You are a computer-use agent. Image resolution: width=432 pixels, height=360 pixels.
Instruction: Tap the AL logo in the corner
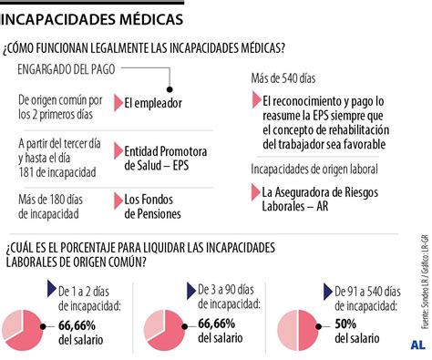click(x=417, y=345)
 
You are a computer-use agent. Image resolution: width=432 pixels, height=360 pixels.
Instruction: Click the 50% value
click(x=345, y=324)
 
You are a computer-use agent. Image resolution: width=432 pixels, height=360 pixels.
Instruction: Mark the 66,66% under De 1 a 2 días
click(x=81, y=324)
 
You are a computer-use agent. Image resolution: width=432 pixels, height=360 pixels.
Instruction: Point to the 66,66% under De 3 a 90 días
click(x=222, y=324)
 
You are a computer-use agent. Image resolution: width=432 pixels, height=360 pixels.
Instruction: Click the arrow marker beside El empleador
click(x=117, y=103)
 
